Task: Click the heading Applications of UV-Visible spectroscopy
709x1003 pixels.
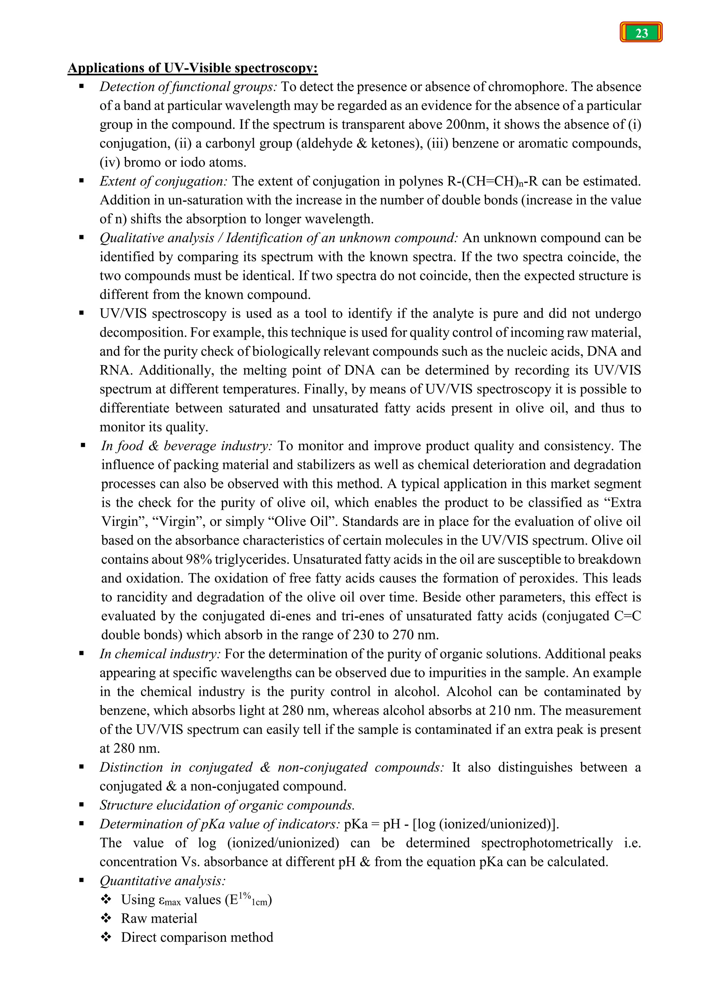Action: [x=192, y=68]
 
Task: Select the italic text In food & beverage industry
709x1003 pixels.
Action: [x=186, y=446]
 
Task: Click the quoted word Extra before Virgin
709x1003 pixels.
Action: [x=622, y=503]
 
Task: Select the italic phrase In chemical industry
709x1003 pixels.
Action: [x=160, y=654]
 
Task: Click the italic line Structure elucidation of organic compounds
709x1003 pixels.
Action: [x=227, y=805]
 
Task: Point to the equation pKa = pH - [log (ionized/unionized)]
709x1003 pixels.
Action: [x=451, y=824]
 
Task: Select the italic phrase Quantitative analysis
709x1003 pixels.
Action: [x=162, y=881]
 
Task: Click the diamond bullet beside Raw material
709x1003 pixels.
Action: [x=106, y=919]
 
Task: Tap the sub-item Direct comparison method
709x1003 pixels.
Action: [x=197, y=938]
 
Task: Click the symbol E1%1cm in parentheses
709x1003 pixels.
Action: [x=248, y=900]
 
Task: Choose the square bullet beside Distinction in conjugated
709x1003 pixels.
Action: [x=82, y=767]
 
